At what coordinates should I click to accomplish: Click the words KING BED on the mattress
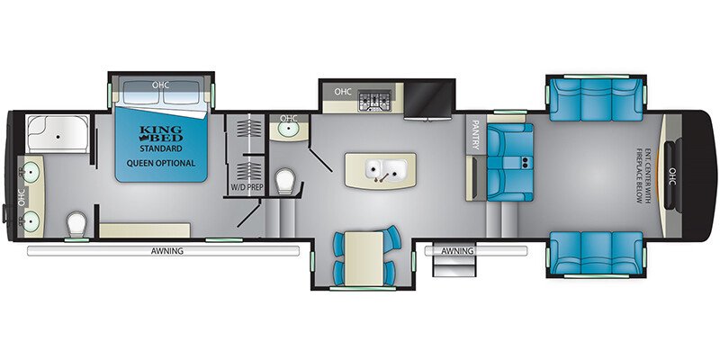[160, 132]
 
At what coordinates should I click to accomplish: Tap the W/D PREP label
[243, 187]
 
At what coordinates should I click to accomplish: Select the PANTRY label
[475, 135]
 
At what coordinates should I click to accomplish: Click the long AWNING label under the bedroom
[167, 251]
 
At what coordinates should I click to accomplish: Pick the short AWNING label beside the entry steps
[457, 251]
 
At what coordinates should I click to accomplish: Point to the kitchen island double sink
[386, 170]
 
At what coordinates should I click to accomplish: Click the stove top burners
[374, 101]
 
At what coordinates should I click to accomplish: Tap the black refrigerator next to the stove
[428, 99]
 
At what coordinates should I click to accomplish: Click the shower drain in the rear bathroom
[58, 137]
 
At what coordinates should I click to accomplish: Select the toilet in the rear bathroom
[76, 224]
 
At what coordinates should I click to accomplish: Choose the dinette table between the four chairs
[364, 258]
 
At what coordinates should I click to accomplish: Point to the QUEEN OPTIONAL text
[161, 163]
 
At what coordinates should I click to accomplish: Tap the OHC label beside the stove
[343, 92]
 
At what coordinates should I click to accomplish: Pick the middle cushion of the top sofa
[596, 100]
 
